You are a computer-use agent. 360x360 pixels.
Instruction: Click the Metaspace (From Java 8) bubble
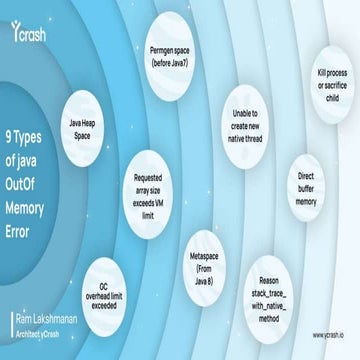tap(204, 263)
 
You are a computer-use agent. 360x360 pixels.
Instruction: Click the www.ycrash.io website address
tap(323, 336)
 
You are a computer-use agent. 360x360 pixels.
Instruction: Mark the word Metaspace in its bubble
tap(204, 256)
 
